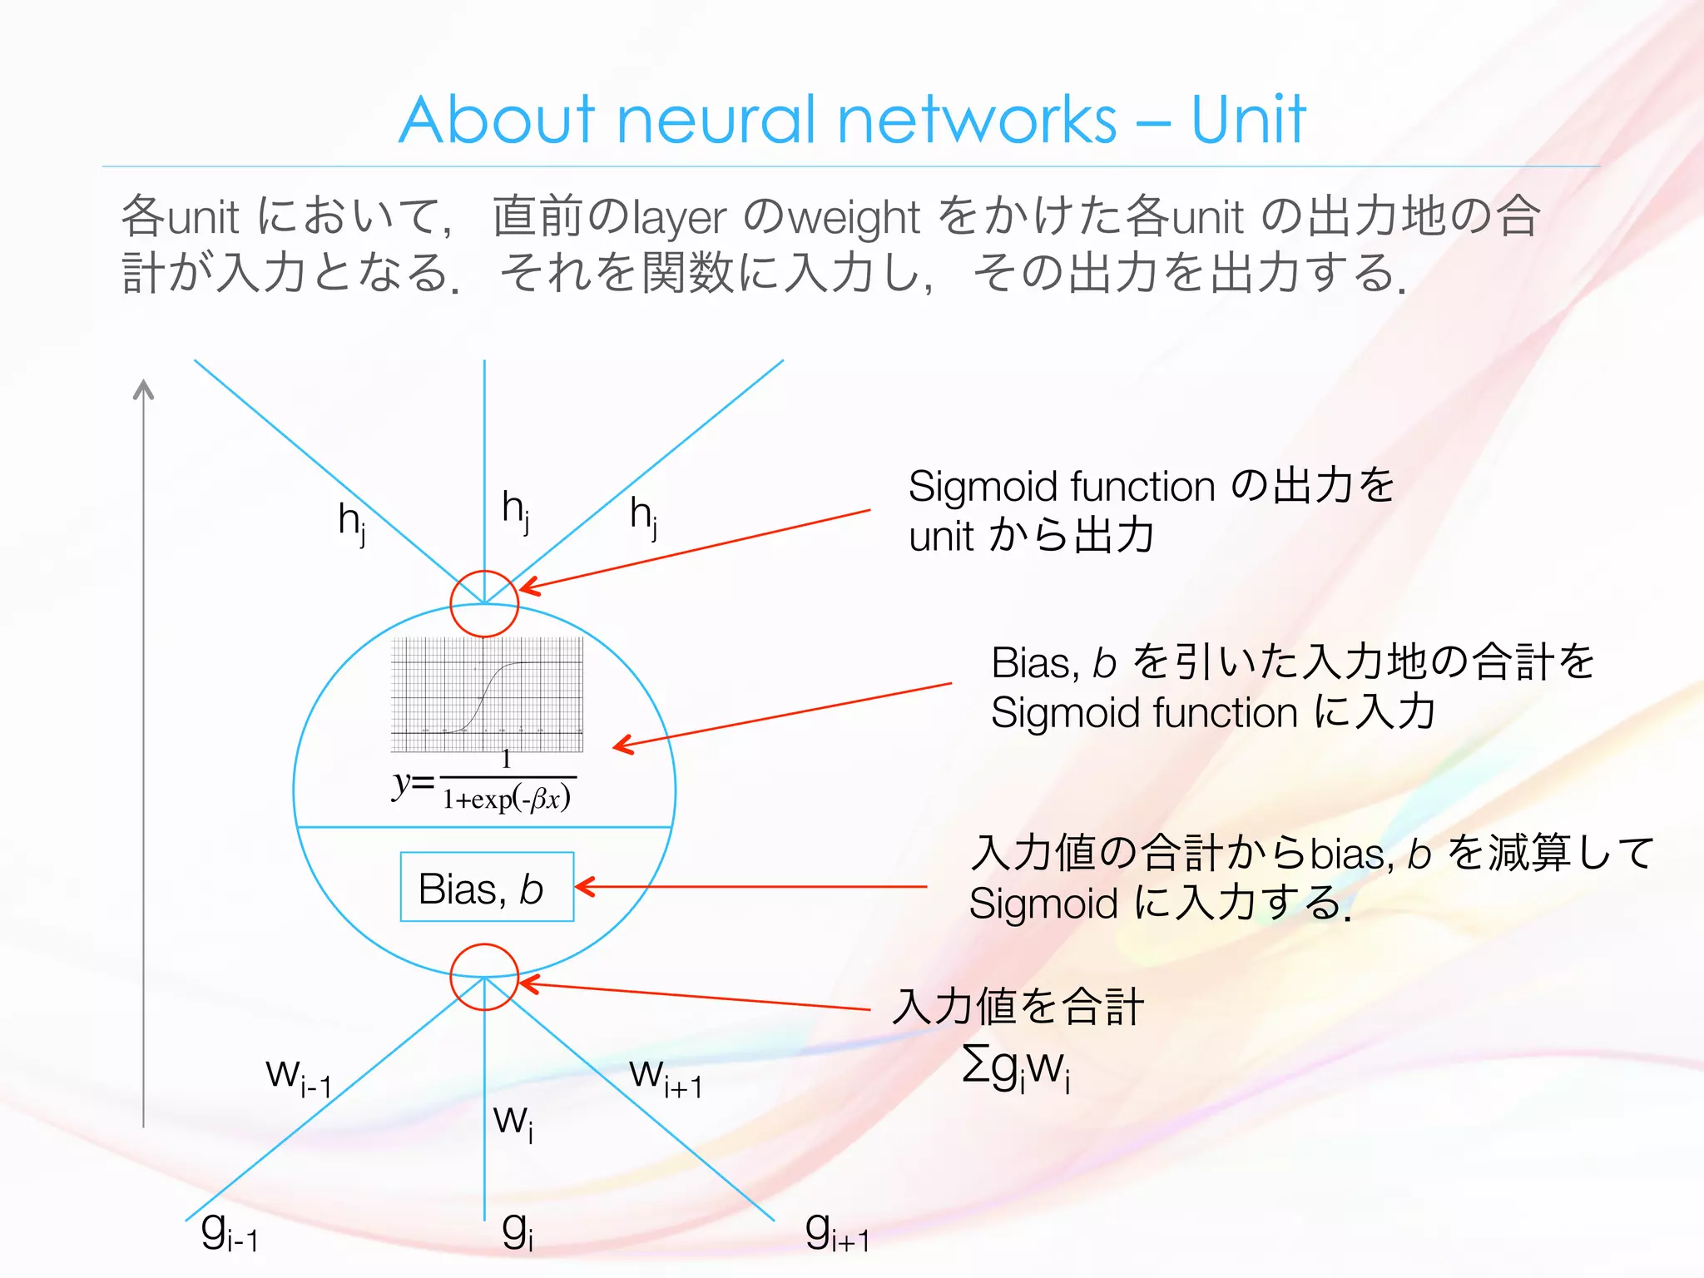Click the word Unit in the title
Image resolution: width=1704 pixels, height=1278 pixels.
(1248, 120)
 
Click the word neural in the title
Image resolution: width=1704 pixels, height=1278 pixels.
(716, 120)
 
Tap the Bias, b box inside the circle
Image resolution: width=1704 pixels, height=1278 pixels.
(487, 887)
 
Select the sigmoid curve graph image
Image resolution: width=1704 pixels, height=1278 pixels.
(487, 695)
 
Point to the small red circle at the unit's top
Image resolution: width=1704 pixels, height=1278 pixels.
(484, 604)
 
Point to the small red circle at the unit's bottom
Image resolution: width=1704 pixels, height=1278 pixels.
(484, 977)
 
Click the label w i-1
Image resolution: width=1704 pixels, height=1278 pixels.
(299, 1077)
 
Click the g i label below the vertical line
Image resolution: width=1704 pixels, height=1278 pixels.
(517, 1231)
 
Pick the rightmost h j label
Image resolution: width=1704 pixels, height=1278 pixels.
(643, 516)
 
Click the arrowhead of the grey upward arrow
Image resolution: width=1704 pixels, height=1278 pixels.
(144, 389)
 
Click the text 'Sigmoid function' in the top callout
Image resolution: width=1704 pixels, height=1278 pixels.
(1062, 487)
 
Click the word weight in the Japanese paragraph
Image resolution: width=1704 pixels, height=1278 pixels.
(854, 218)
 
